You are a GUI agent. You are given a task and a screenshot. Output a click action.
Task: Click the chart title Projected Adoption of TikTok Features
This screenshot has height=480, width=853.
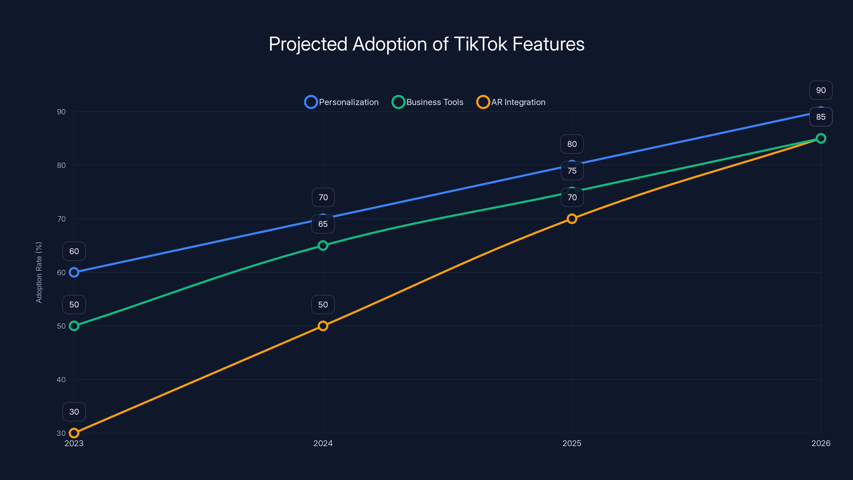(426, 44)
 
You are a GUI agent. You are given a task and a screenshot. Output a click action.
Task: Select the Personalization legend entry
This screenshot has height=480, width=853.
(341, 102)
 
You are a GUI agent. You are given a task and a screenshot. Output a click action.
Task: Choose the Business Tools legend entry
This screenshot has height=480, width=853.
(428, 102)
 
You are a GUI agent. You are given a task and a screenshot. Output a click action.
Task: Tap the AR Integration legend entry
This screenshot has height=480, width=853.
(511, 102)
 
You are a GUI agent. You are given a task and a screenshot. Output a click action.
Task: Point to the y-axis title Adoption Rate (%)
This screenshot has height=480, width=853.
(39, 272)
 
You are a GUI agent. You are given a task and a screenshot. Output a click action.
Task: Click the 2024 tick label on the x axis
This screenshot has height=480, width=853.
(323, 443)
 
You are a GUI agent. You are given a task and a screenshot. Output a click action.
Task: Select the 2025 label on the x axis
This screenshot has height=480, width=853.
(572, 443)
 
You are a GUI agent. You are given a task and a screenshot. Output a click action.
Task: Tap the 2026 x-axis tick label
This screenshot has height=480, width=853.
(820, 443)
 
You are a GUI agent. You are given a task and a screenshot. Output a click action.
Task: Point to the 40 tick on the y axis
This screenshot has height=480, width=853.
(61, 380)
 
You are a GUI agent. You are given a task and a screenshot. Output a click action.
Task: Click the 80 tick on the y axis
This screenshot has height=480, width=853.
(61, 165)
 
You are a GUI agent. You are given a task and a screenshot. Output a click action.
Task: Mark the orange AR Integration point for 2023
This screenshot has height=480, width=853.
(74, 433)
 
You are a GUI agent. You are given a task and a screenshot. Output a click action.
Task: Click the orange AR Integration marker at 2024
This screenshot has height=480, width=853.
(323, 326)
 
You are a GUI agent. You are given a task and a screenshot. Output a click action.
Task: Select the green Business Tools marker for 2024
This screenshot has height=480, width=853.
(323, 245)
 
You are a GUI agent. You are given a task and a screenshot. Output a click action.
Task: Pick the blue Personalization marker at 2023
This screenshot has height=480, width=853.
(74, 272)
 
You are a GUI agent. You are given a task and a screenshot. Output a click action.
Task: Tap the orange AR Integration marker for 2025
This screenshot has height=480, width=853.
(572, 219)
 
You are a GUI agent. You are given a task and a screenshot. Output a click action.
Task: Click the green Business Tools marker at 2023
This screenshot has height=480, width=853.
(74, 326)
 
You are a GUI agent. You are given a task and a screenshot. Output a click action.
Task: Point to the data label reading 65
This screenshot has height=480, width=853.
(323, 224)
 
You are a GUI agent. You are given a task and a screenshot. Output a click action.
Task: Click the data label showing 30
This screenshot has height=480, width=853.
(74, 412)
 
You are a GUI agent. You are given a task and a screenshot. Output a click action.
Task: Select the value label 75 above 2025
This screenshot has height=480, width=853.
(572, 171)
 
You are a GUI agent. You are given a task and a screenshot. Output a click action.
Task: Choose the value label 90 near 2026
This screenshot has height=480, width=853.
(820, 90)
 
